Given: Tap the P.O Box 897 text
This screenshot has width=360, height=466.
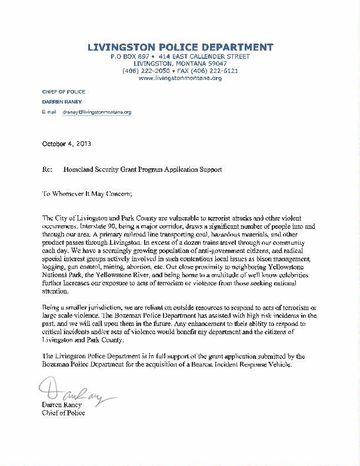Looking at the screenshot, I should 130,56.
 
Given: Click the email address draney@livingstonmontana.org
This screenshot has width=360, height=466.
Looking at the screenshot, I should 97,111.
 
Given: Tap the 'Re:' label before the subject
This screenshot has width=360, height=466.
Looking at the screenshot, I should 48,169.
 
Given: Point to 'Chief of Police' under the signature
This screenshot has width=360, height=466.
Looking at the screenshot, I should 65,413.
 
